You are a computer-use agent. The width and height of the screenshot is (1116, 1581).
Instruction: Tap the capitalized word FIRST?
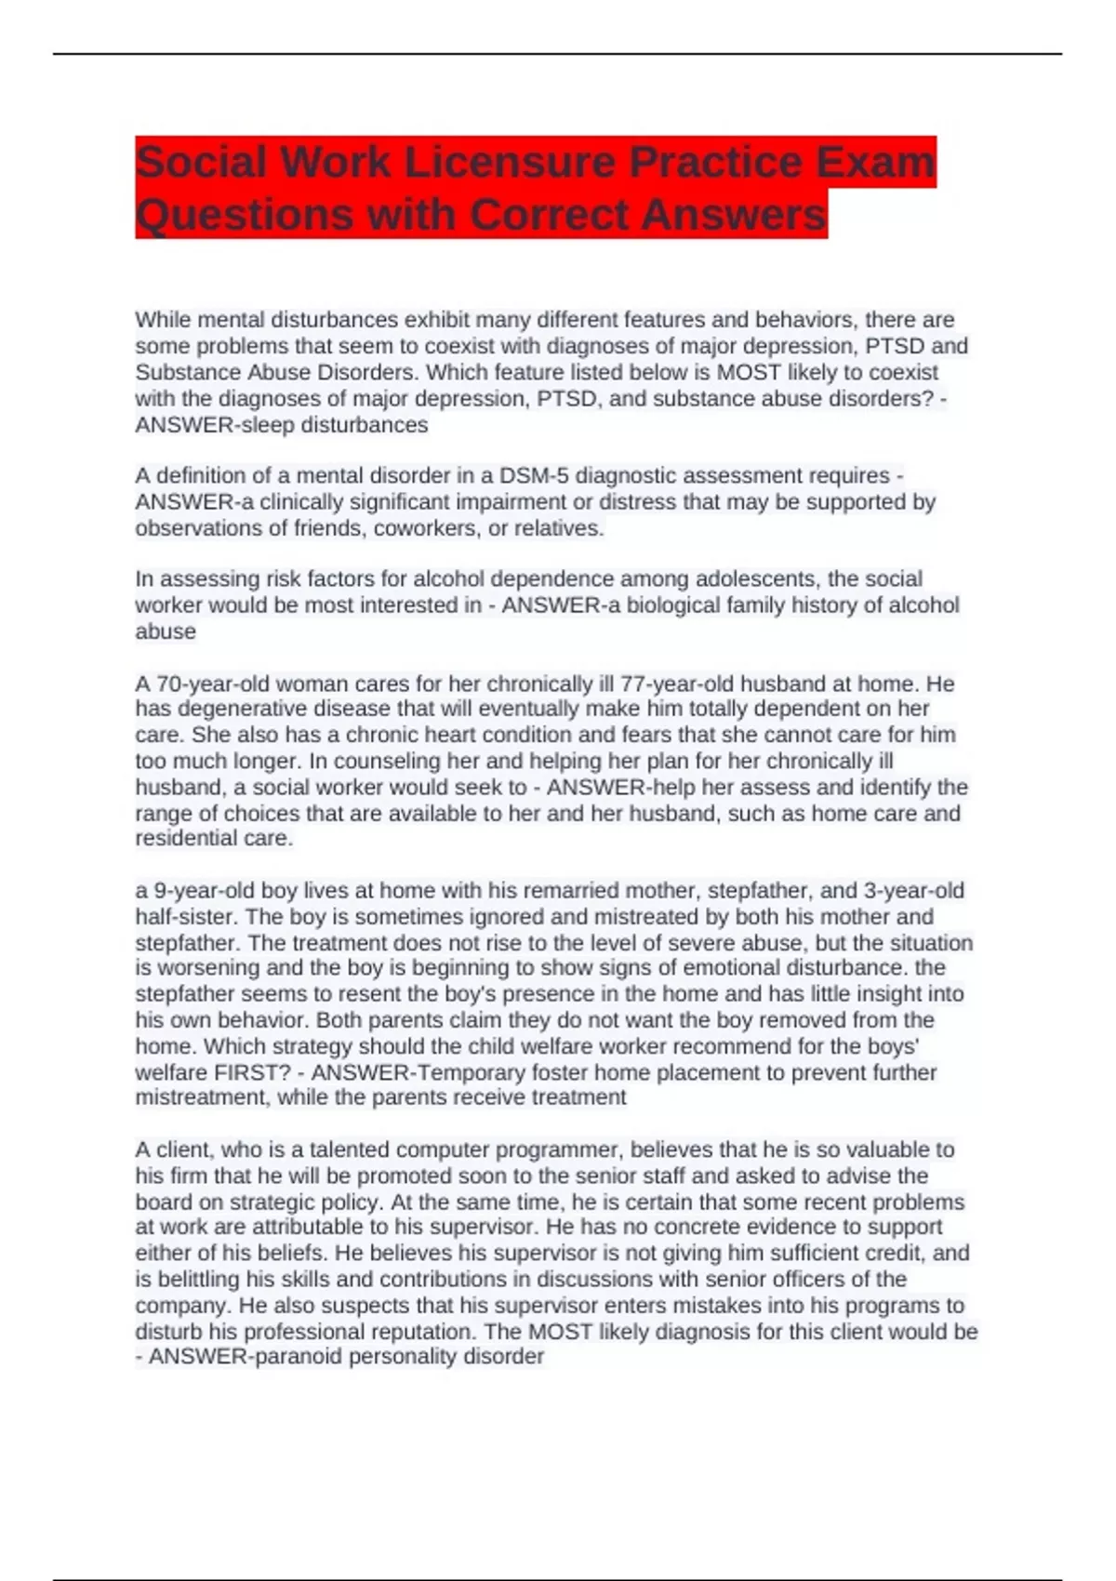[259, 1072]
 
